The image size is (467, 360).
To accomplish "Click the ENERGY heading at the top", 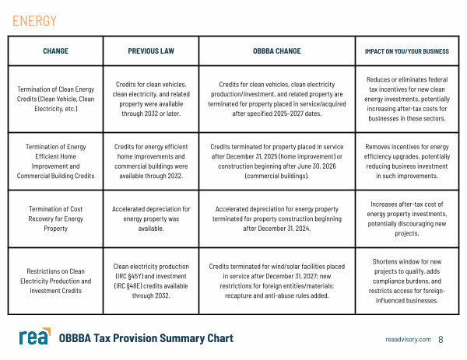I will pyautogui.click(x=34, y=21).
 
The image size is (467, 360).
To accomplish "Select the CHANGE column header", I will pyautogui.click(x=55, y=51).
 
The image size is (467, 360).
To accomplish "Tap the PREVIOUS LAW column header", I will pyautogui.click(x=151, y=51).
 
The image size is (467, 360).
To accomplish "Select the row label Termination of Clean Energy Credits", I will pyautogui.click(x=55, y=99).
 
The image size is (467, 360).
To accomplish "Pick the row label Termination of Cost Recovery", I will pyautogui.click(x=55, y=219).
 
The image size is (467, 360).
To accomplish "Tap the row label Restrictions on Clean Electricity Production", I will pyautogui.click(x=55, y=281).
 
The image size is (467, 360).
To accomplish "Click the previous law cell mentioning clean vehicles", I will pyautogui.click(x=151, y=99).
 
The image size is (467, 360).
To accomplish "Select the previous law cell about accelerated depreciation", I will pyautogui.click(x=151, y=219).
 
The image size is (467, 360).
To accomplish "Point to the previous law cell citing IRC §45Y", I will pyautogui.click(x=151, y=281).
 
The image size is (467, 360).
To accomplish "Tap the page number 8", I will pyautogui.click(x=441, y=340).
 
